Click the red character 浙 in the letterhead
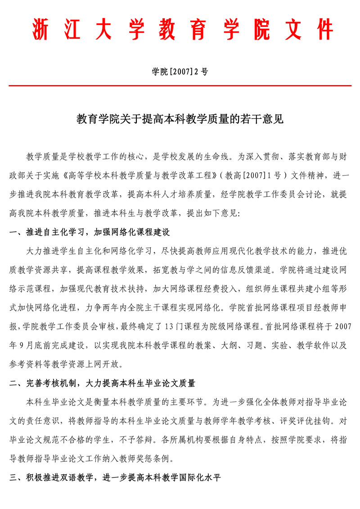coord(40,30)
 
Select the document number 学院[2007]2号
coord(180,71)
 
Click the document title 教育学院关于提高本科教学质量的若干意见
coord(180,119)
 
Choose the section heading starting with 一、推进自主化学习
coord(90,233)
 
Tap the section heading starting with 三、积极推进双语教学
coord(115,477)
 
